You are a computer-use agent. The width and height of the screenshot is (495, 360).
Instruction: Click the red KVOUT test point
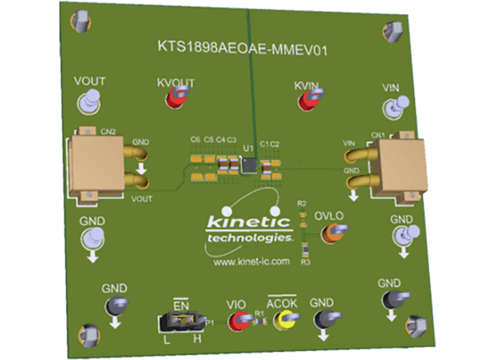point(175,99)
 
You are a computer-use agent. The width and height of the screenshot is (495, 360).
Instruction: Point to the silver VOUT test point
point(89,102)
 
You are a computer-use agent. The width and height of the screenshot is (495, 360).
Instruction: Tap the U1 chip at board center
point(248,167)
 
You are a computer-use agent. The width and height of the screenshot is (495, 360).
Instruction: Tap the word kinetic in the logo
point(247,222)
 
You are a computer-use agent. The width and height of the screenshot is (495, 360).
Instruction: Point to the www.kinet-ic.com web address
point(251,261)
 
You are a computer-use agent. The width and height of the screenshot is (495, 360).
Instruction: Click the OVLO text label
point(328,216)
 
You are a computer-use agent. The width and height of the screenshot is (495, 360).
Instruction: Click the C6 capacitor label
point(195,140)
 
